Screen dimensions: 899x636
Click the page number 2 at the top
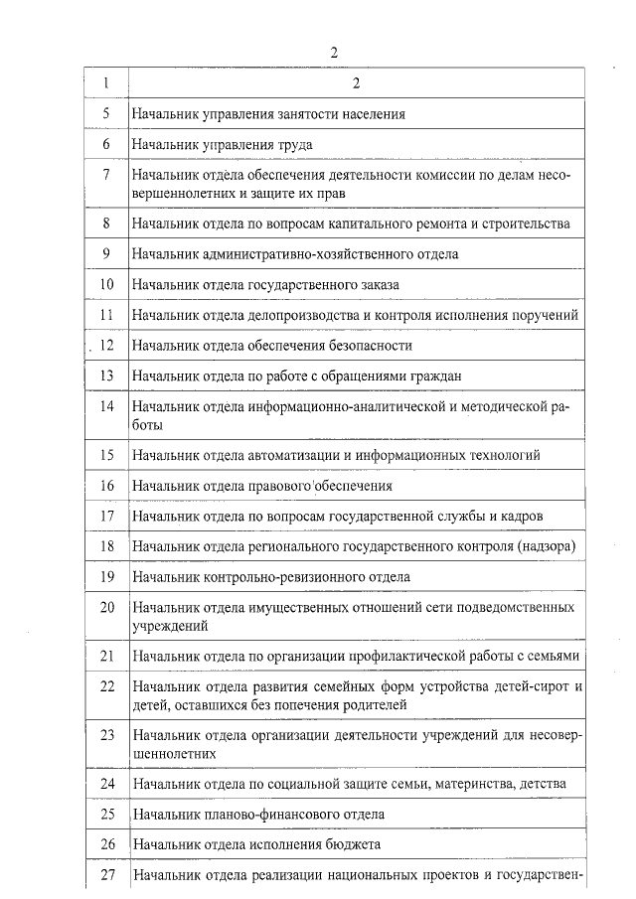(x=334, y=52)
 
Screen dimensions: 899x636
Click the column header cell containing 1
(x=106, y=82)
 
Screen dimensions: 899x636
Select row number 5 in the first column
(x=106, y=114)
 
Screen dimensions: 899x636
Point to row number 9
(x=106, y=254)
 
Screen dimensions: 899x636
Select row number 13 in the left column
(x=107, y=376)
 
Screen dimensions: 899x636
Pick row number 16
(x=107, y=487)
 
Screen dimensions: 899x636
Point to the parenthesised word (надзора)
(x=546, y=547)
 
